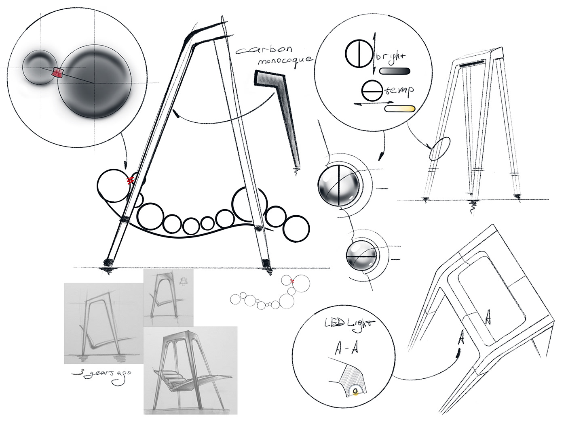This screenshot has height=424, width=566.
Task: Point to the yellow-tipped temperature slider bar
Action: tap(400, 109)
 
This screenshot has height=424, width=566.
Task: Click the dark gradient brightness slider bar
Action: tap(395, 71)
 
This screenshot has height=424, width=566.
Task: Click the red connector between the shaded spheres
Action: tap(57, 73)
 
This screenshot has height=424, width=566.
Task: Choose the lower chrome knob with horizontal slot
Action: tap(361, 257)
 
